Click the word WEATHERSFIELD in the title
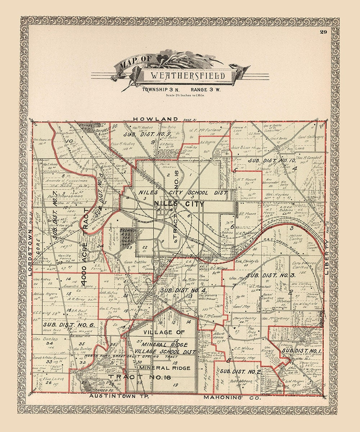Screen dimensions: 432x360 point(188,76)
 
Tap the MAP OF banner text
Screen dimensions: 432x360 point(131,65)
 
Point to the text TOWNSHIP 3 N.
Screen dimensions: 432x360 point(159,89)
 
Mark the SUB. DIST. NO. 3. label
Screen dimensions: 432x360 point(276,275)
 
